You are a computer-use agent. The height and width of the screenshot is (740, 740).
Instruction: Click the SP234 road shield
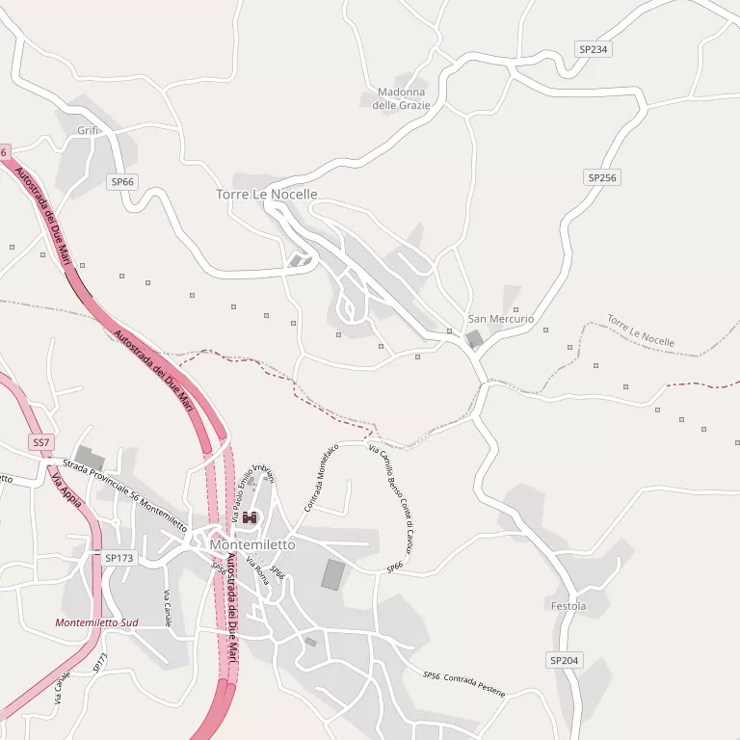[594, 48]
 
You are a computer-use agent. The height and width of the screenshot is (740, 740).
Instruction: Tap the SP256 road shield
[602, 177]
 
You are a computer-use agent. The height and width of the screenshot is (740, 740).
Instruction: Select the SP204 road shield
[565, 660]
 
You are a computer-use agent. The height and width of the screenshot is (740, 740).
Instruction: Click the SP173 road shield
[119, 558]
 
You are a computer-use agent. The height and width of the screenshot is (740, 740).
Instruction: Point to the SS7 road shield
[40, 442]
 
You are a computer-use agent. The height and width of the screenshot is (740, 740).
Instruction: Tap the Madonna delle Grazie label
[402, 98]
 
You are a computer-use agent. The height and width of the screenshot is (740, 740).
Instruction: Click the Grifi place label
[89, 130]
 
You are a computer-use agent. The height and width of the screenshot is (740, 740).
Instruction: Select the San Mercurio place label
[501, 319]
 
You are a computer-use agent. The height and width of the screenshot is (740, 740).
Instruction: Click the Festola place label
[568, 606]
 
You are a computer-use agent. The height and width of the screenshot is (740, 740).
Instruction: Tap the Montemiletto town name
[252, 544]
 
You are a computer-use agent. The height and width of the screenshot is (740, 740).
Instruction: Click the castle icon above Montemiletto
[251, 518]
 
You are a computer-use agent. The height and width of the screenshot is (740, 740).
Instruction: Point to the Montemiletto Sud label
[96, 622]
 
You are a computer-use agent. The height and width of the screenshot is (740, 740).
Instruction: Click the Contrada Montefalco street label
[322, 476]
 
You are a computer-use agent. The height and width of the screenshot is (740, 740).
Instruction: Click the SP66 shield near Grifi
[122, 181]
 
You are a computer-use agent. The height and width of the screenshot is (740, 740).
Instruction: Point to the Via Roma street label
[257, 570]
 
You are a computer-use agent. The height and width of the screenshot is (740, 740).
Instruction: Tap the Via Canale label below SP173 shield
[169, 607]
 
